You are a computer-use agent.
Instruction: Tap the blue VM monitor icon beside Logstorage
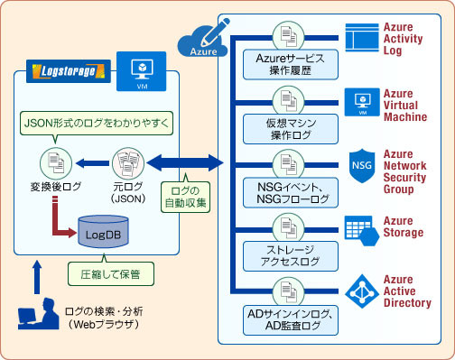[x=141, y=70]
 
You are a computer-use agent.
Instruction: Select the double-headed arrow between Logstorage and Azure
[x=184, y=163]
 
